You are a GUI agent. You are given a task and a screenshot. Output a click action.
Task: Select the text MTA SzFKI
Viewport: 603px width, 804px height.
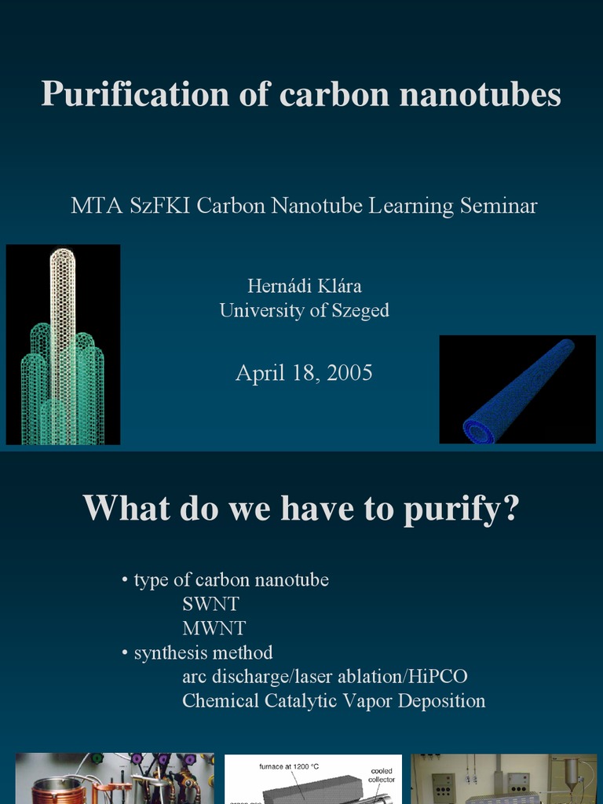pyautogui.click(x=130, y=206)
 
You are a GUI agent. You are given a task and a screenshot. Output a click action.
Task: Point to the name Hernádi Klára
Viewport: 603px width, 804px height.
pyautogui.click(x=304, y=287)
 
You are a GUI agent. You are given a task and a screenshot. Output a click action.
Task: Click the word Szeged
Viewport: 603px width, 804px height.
pyautogui.click(x=359, y=310)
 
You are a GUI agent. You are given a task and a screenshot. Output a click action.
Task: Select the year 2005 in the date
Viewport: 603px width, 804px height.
pyautogui.click(x=349, y=372)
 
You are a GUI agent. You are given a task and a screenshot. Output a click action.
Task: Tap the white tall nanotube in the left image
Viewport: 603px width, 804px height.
pyautogui.click(x=62, y=314)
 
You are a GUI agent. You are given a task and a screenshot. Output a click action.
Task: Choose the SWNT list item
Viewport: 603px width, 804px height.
pyautogui.click(x=210, y=605)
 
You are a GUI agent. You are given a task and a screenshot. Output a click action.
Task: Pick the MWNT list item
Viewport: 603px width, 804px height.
pyautogui.click(x=214, y=628)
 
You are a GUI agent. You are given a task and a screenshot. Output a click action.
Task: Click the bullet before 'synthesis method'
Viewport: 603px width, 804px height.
pyautogui.click(x=125, y=652)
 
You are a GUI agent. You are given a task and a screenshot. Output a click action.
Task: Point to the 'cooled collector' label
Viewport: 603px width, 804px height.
pyautogui.click(x=382, y=776)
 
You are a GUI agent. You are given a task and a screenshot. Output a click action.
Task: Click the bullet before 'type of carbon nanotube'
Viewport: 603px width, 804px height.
pyautogui.click(x=125, y=580)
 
